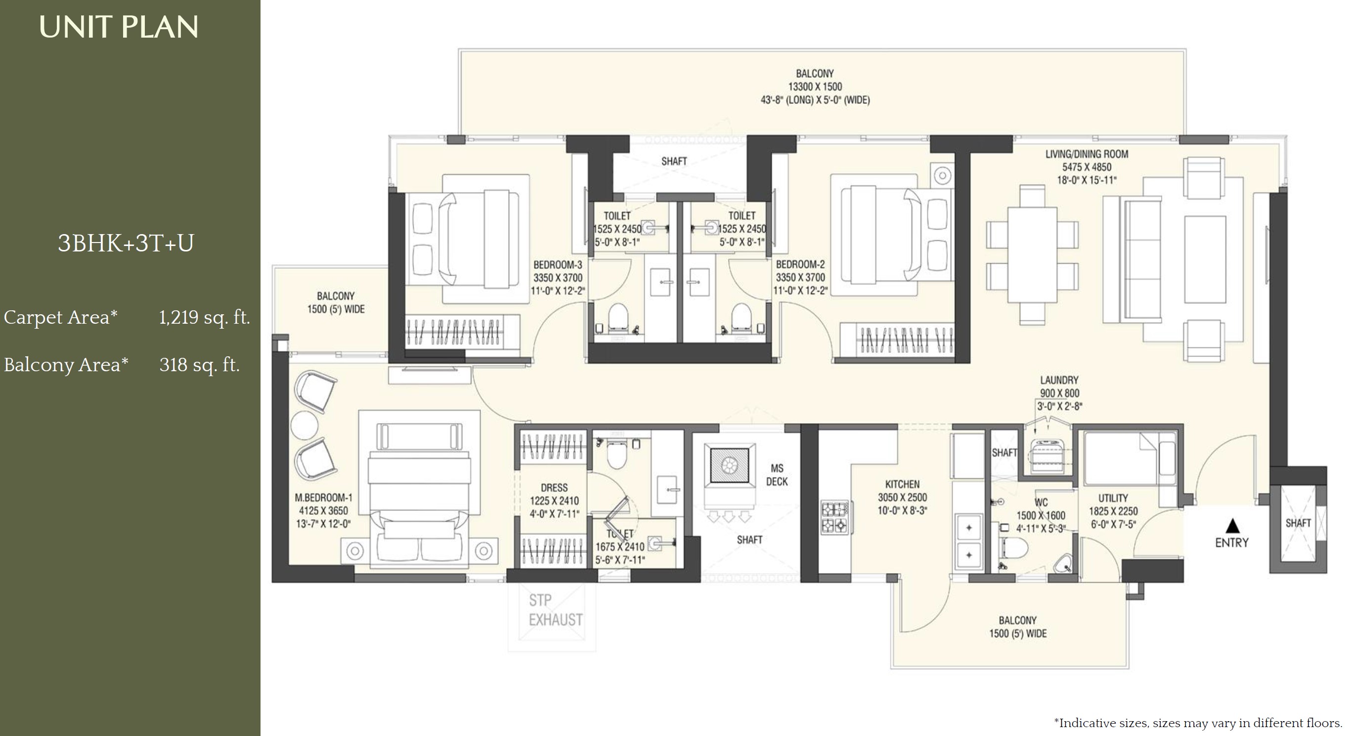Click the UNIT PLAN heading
click(119, 27)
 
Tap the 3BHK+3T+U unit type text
click(126, 243)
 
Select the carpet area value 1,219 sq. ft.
click(205, 318)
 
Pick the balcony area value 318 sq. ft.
click(200, 365)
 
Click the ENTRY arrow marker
click(1232, 526)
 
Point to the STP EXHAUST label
click(556, 610)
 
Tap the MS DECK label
click(777, 475)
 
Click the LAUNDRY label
click(1059, 380)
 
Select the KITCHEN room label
click(903, 484)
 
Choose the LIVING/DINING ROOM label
click(1087, 154)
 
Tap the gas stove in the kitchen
click(834, 517)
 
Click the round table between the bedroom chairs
click(304, 425)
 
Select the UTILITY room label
click(1113, 498)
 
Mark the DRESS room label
click(554, 488)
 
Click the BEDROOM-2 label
click(800, 265)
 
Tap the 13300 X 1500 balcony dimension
click(815, 87)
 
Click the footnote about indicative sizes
click(1198, 723)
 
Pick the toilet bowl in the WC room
click(1015, 547)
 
